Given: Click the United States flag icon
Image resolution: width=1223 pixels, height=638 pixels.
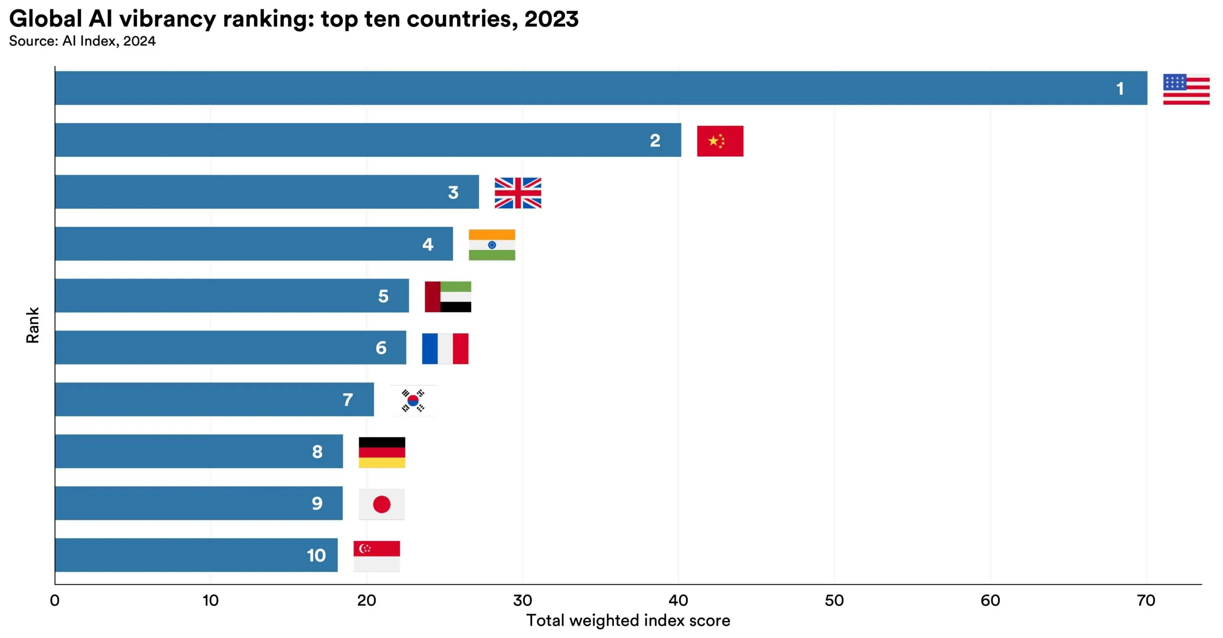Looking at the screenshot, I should click(1186, 89).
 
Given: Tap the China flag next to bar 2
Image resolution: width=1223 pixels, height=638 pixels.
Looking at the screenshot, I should click(720, 141).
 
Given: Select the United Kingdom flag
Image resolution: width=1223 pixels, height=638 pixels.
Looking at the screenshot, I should click(518, 193).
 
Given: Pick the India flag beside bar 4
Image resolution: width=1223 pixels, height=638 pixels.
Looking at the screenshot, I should click(492, 245).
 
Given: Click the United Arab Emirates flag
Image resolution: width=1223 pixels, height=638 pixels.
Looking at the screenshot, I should click(448, 297).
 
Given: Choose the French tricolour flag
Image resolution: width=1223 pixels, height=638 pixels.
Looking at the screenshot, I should click(445, 349).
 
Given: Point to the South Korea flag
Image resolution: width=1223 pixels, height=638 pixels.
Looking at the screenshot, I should click(413, 400).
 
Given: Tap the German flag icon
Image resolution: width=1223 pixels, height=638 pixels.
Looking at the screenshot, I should click(382, 452).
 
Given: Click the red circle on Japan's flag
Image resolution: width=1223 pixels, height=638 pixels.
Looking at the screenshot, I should click(382, 504).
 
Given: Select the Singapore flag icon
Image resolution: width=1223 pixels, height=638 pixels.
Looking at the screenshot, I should click(376, 556).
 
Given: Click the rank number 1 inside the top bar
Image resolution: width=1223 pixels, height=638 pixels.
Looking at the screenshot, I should click(1120, 88).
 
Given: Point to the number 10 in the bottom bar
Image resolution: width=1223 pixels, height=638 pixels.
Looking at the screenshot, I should click(316, 555).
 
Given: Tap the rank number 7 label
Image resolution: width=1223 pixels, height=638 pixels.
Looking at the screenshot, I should click(348, 399).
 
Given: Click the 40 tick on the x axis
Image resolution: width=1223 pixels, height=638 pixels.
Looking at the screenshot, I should click(678, 600).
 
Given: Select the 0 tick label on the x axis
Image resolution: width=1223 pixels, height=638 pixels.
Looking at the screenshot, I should click(55, 600).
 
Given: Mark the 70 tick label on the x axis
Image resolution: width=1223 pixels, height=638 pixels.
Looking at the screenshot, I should click(1146, 600).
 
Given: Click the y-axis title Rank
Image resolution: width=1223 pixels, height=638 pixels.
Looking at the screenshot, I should click(32, 325).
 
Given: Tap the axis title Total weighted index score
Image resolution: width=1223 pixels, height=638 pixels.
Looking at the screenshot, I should click(628, 620).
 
